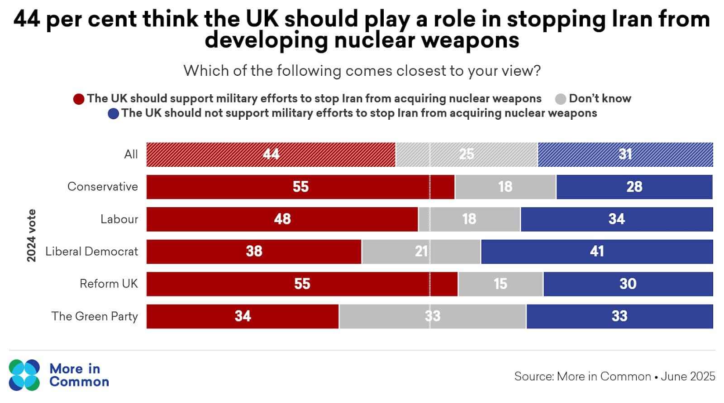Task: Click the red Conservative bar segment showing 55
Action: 300,187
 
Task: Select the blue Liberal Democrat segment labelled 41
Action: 597,252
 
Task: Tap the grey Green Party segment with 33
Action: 432,316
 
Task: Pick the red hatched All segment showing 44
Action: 271,155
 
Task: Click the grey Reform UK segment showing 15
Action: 500,284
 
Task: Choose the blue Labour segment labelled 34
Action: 616,219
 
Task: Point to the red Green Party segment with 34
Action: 243,316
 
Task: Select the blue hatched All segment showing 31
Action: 625,155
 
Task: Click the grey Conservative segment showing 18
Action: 505,187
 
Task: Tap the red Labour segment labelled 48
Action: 282,219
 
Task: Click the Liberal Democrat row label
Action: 91,252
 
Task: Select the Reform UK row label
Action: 109,284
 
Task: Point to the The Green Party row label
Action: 95,316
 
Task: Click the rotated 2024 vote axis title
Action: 31,235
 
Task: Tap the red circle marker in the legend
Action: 79,99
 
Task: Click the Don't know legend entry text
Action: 600,98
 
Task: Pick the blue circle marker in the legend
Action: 113,113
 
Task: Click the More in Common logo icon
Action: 24,375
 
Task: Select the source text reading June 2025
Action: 688,376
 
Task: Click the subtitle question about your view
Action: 362,71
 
